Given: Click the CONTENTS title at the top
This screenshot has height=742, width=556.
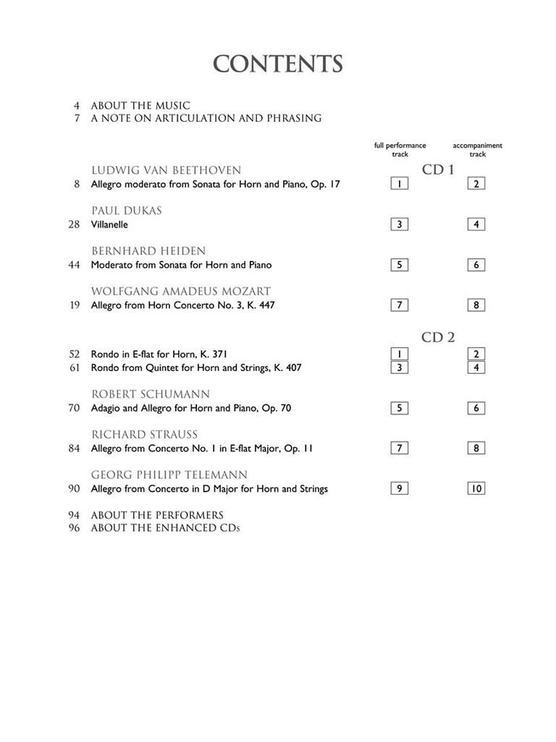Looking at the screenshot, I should (277, 64).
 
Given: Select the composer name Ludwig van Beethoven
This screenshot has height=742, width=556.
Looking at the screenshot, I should (166, 170).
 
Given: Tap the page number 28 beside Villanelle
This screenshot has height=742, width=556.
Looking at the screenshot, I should (74, 225).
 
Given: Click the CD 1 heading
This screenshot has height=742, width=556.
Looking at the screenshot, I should (438, 170).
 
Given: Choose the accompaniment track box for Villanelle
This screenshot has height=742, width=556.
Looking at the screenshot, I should (476, 225).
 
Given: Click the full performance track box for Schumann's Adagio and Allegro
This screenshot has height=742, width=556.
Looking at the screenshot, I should (399, 408).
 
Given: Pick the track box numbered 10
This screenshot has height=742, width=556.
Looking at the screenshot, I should (476, 488).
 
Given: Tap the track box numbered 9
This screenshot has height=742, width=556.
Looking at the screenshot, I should (399, 488).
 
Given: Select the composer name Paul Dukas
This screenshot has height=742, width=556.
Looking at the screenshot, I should (126, 211).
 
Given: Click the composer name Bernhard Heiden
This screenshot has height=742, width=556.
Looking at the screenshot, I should (148, 251).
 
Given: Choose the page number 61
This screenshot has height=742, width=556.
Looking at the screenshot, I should (74, 367).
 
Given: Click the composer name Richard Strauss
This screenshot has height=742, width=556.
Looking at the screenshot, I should (144, 435).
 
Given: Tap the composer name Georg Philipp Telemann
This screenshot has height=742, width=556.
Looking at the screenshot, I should (169, 475).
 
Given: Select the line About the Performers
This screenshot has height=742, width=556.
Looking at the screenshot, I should (157, 515).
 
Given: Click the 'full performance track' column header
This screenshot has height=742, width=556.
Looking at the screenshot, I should (400, 149).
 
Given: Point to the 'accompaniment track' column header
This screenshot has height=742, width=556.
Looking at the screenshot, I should (477, 149).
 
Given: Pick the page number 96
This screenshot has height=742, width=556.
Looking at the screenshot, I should (74, 528).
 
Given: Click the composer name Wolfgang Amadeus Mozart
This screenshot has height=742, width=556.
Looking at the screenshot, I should (181, 291).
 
